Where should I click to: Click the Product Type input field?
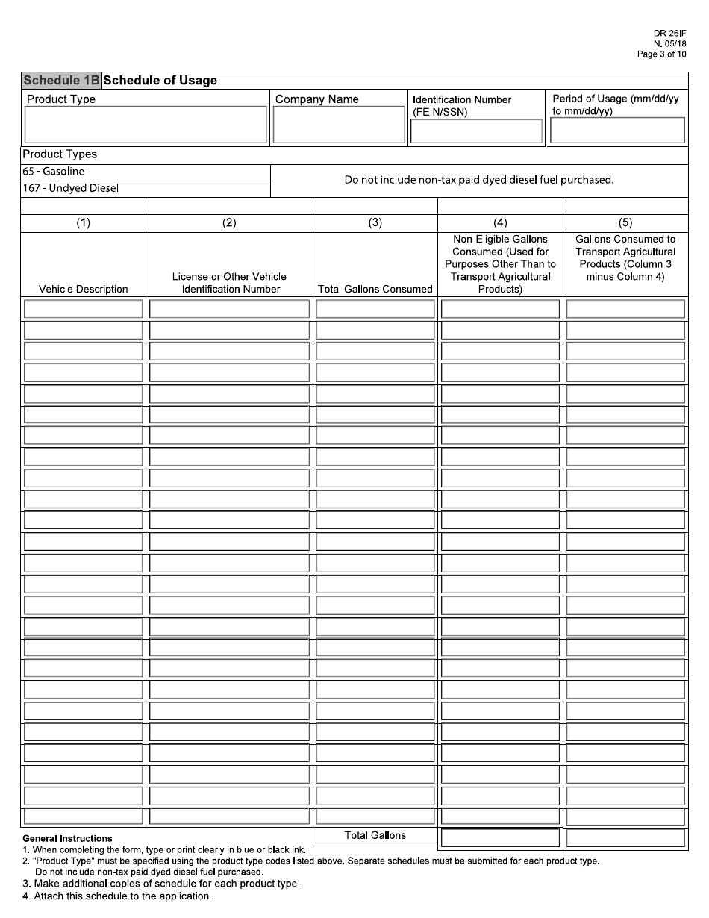(146, 124)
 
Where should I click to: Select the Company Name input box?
(339, 124)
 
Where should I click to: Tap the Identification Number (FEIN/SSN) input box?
(476, 131)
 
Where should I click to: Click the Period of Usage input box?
(617, 130)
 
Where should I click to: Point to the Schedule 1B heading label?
(61, 81)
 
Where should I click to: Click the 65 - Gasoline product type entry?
(54, 172)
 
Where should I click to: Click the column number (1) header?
(83, 222)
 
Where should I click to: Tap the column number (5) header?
(625, 222)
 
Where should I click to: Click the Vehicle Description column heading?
(83, 289)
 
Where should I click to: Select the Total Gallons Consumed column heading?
(375, 289)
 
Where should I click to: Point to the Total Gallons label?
(375, 835)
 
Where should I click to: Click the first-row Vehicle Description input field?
(83, 309)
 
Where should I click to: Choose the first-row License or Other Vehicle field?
(229, 309)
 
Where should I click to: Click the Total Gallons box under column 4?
(500, 838)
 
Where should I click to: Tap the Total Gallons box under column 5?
(625, 838)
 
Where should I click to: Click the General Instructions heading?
(68, 839)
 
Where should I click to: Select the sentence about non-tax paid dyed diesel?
(478, 180)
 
